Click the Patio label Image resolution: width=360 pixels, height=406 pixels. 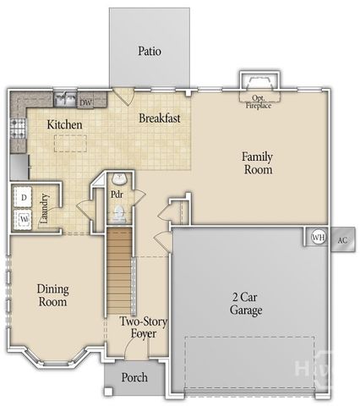[150, 51]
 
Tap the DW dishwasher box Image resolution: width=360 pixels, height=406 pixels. [85, 102]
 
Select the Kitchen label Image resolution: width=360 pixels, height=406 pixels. [64, 125]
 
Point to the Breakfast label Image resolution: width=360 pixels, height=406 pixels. [160, 118]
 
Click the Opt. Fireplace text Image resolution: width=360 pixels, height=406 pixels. [259, 101]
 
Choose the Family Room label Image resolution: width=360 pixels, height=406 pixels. [258, 163]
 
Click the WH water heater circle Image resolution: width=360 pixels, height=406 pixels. [319, 238]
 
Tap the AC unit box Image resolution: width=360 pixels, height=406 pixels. [342, 239]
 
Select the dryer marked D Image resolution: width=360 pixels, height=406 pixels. [24, 197]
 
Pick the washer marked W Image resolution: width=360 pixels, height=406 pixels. [24, 219]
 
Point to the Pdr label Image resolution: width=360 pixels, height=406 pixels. [118, 195]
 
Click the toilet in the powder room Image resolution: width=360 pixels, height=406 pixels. [119, 213]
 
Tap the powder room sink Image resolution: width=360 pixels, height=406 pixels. [119, 179]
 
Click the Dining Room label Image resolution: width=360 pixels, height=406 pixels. [52, 295]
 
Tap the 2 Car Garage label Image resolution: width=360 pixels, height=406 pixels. [247, 304]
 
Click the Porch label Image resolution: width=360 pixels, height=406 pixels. [134, 377]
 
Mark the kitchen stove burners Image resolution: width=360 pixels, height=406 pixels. [16, 130]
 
